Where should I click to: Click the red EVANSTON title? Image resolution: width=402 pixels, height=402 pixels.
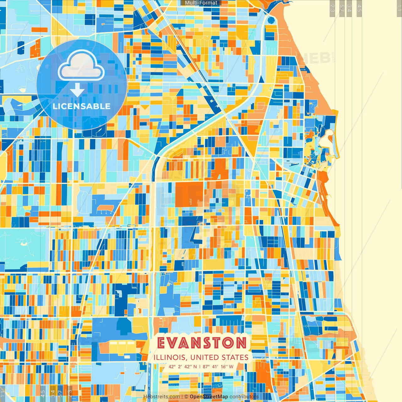[202, 343]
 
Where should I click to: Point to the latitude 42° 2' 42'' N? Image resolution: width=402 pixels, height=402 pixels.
[182, 367]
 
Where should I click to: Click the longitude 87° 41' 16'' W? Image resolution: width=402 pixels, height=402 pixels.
[218, 367]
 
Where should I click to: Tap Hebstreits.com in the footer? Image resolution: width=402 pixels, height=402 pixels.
[161, 397]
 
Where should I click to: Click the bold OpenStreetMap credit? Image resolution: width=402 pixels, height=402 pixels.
[209, 397]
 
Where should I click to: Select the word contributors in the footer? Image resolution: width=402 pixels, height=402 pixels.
[244, 397]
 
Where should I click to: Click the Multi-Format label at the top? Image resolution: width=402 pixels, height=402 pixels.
[201, 3]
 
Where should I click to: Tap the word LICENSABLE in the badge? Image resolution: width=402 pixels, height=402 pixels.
[82, 106]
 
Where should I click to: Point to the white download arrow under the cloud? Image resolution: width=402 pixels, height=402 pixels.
[77, 90]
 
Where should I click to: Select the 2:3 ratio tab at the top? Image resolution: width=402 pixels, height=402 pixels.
[332, 8]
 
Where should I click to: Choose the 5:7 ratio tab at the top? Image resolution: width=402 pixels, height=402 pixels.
[342, 8]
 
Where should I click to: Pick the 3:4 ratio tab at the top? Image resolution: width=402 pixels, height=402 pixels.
[349, 8]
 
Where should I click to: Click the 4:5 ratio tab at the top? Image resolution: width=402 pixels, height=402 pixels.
[359, 8]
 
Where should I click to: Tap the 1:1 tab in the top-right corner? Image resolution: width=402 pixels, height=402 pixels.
[399, 8]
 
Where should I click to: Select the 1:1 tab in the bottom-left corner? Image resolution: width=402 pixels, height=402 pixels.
[3, 394]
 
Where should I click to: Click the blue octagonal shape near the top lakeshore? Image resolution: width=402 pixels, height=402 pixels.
[271, 21]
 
